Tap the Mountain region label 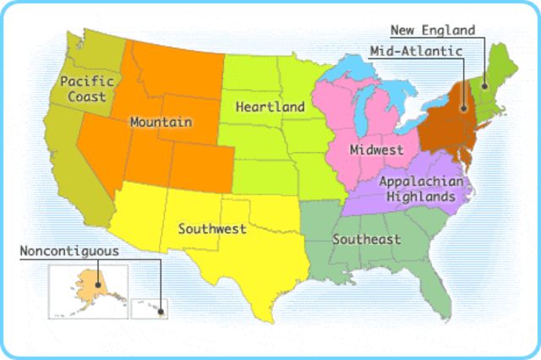(161, 122)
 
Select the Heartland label (270, 107)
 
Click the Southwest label (212, 228)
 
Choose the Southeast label (366, 239)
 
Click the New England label (432, 30)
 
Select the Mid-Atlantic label (416, 51)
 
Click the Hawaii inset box (150, 308)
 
